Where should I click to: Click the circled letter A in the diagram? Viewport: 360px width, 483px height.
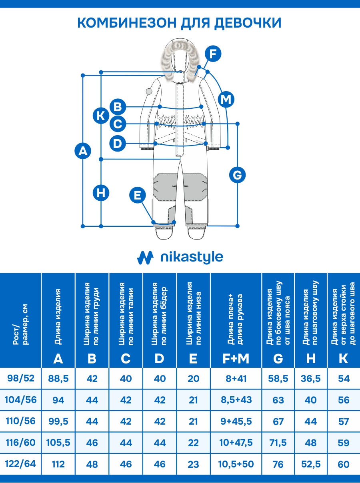[83, 151]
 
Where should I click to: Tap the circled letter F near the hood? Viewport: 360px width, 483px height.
[213, 54]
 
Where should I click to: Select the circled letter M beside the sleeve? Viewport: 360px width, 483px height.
[226, 99]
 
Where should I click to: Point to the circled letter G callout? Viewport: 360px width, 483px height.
[237, 175]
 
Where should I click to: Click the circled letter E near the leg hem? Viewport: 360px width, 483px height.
[138, 195]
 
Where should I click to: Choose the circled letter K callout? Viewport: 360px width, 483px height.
[101, 116]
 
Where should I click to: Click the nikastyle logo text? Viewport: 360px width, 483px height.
[191, 257]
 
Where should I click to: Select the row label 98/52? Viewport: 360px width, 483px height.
[21, 378]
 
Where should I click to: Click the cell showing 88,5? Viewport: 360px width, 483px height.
[58, 378]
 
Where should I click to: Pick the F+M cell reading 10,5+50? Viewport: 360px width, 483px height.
[236, 464]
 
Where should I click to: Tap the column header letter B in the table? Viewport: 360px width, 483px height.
[92, 359]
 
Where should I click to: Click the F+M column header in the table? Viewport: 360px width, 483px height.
[236, 359]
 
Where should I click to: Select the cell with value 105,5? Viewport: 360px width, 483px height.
[58, 443]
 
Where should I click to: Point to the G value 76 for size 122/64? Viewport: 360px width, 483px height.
[278, 465]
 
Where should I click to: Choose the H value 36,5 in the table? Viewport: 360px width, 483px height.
[311, 378]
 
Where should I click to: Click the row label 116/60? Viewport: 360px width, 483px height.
[21, 443]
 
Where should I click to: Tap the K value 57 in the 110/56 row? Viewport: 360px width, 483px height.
[344, 421]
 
